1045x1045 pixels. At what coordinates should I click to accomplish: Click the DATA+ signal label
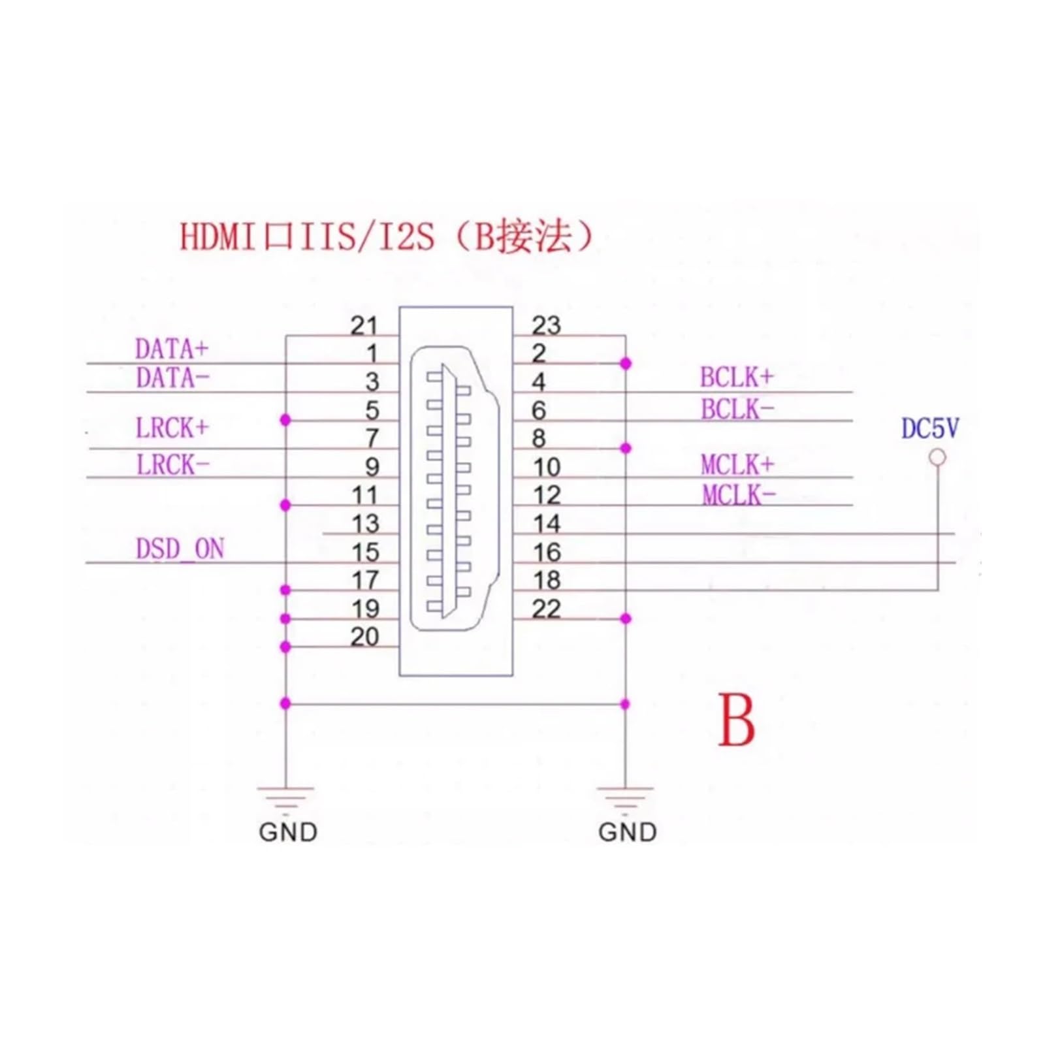pos(172,349)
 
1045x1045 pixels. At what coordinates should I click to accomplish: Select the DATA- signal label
pos(172,378)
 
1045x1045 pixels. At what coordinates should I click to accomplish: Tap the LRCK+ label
pos(172,428)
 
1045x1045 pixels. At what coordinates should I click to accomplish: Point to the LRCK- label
pos(173,465)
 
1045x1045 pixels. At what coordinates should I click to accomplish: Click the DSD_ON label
pos(180,549)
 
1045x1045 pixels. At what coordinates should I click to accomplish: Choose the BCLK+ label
pos(737,378)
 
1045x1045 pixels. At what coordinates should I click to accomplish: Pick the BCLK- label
pos(737,410)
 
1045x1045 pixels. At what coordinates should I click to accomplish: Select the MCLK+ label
pos(737,465)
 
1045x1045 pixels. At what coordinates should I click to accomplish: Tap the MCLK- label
pos(739,496)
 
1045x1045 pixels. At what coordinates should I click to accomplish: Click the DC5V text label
pos(930,428)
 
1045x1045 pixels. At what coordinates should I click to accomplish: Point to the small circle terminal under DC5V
pos(937,457)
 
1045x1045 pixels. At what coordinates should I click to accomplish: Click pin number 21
pos(364,325)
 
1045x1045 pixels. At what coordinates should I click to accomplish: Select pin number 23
pos(546,325)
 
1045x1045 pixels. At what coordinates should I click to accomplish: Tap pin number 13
pos(365,524)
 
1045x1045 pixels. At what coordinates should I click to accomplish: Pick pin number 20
pos(364,637)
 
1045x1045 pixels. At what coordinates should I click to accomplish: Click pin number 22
pos(546,609)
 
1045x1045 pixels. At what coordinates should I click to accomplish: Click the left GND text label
pos(288,832)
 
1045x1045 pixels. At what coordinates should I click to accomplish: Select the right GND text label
pos(627,832)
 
